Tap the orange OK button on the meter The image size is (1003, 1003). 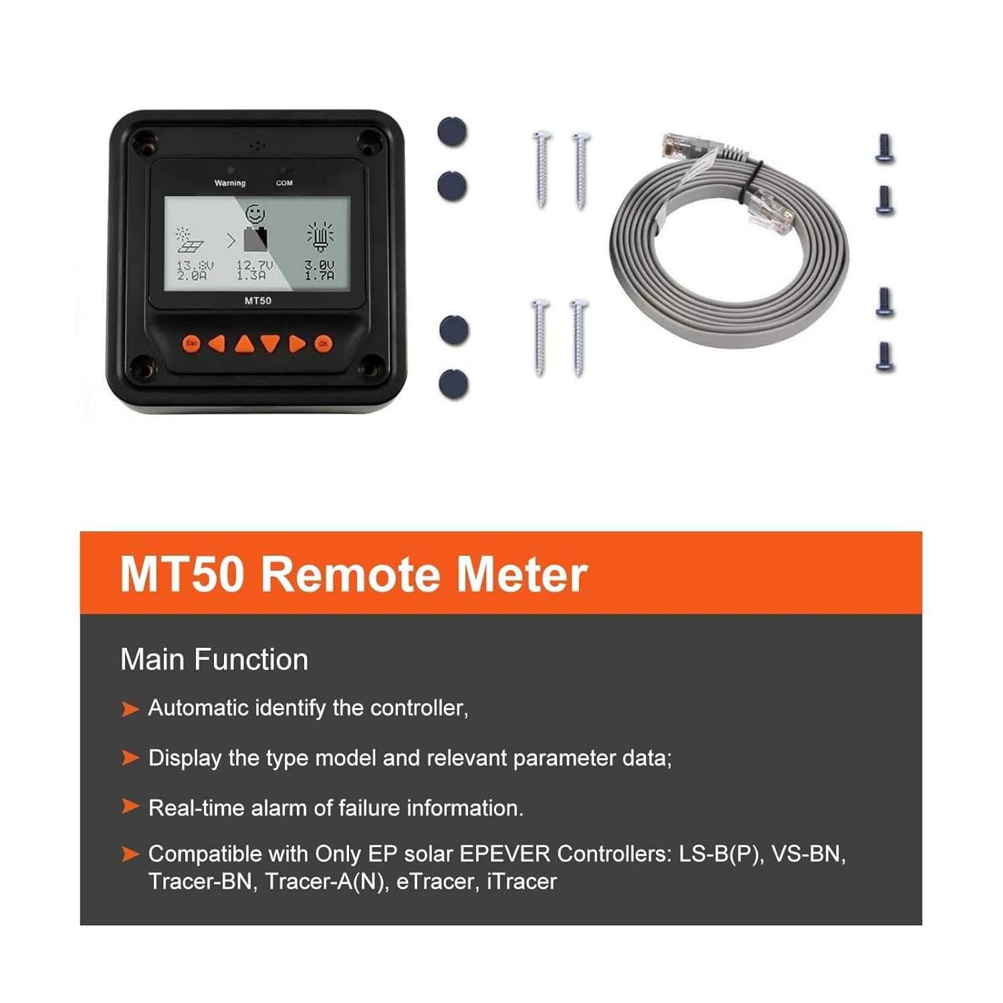pos(324,344)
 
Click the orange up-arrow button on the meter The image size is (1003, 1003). pos(245,344)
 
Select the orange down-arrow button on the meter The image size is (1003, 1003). pos(270,344)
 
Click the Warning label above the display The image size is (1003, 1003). pos(230,183)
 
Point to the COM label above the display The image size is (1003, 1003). pos(284,183)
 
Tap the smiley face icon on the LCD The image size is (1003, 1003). pos(255,214)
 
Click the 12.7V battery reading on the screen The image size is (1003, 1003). pos(254,265)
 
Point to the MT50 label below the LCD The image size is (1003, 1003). pos(258,301)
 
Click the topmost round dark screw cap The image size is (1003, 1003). pos(452,132)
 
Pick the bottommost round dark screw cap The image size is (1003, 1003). pos(453,384)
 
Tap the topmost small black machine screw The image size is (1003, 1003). pos(885,148)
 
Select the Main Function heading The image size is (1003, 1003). pos(214,660)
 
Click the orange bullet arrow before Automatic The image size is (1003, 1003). pos(130,709)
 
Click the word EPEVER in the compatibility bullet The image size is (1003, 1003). pos(505,854)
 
